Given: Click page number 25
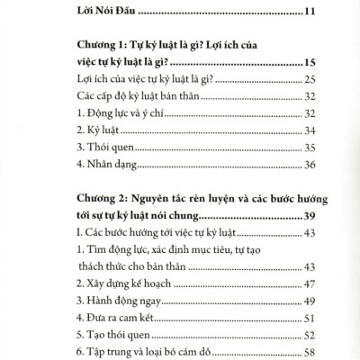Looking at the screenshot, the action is pos(310,81).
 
